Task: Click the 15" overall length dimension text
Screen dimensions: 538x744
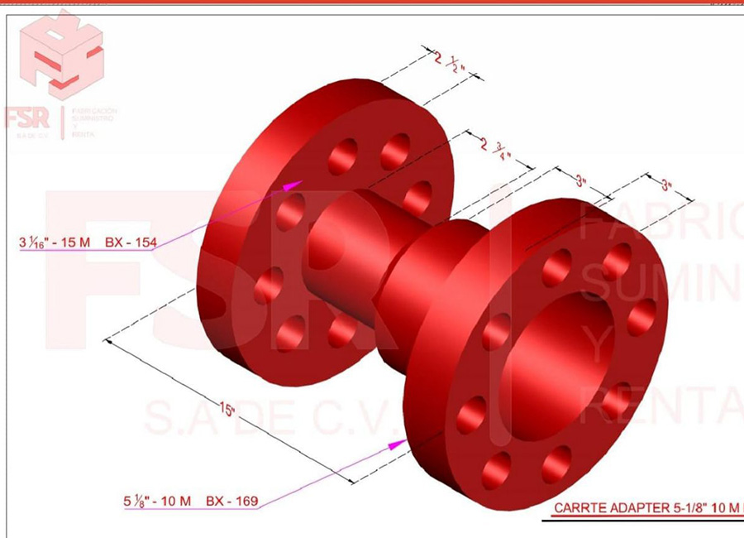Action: pyautogui.click(x=227, y=411)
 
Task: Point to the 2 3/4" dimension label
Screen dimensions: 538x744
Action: pyautogui.click(x=494, y=149)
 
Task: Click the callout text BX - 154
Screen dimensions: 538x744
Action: pyautogui.click(x=130, y=243)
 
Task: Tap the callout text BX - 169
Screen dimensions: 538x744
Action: pyautogui.click(x=231, y=501)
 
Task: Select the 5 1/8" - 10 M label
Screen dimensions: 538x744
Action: pyautogui.click(x=158, y=501)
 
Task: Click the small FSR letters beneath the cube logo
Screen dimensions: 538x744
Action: pyautogui.click(x=27, y=118)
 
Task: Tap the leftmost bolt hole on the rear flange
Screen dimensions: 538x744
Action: pyautogui.click(x=269, y=285)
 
